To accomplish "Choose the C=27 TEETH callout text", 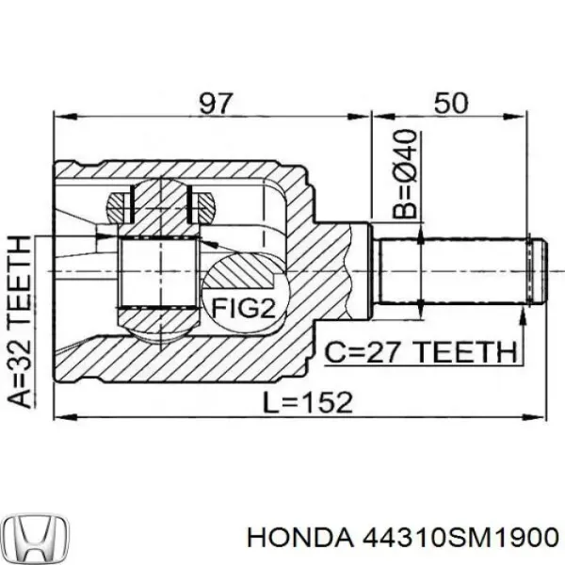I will coord(420,353).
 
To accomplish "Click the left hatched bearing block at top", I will coord(120,204).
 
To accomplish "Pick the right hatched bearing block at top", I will coord(201,204).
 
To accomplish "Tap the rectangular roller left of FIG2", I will coord(157,273).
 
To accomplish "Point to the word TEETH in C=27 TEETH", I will coord(470,353).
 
